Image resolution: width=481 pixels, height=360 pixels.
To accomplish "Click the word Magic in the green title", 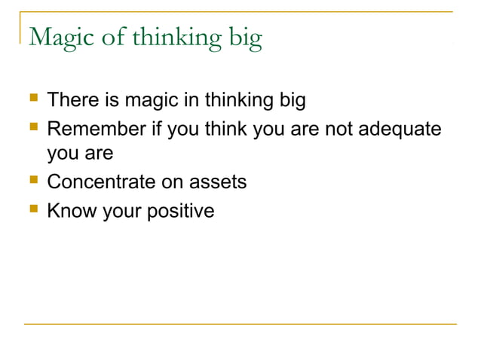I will coord(62,38).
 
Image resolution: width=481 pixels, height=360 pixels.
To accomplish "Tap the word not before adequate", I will coord(335,129).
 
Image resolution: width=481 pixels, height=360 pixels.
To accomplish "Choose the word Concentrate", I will coord(100,183).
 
